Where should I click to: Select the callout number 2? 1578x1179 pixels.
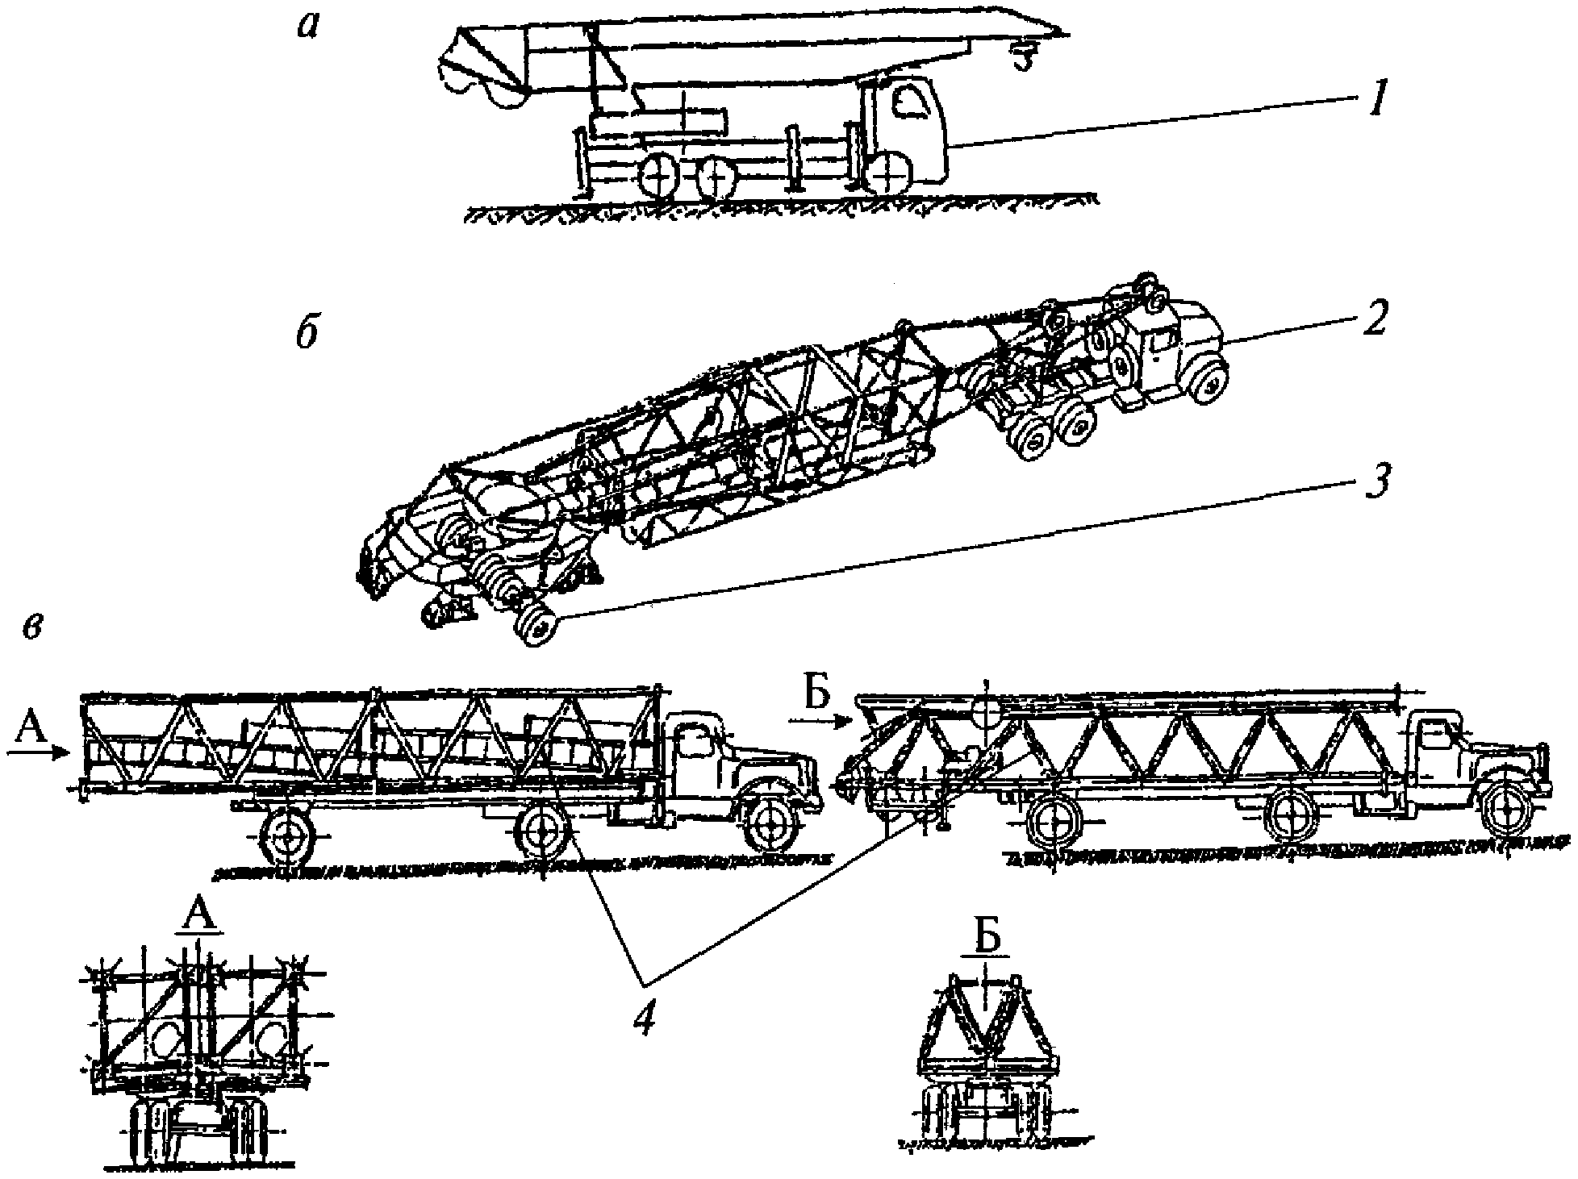click(x=1371, y=319)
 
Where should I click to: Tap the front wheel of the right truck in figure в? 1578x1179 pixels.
click(x=1506, y=810)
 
